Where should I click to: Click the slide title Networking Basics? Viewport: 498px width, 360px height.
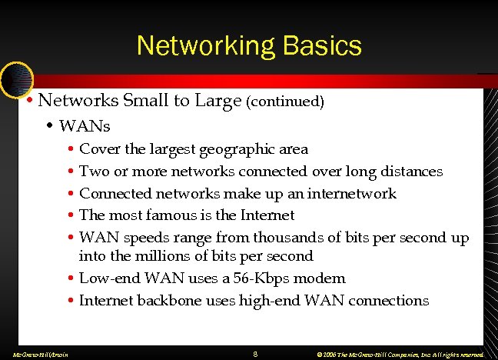(x=249, y=45)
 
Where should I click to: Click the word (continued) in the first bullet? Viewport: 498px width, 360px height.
(x=285, y=101)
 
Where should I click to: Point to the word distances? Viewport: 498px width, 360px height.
(x=412, y=171)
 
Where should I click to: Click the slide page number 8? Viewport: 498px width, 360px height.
(x=254, y=354)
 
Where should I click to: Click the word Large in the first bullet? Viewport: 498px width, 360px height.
(x=217, y=101)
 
